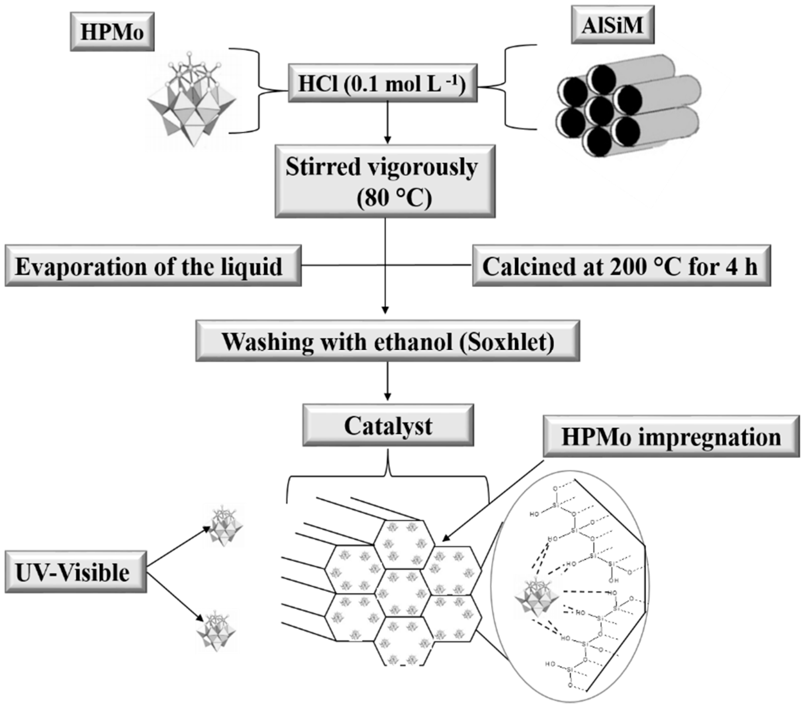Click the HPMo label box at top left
click(112, 32)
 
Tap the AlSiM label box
click(612, 25)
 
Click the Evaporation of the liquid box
click(153, 266)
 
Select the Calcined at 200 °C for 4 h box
click(621, 266)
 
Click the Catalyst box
click(388, 425)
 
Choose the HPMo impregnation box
click(671, 436)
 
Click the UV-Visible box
click(75, 572)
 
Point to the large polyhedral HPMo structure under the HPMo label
click(192, 102)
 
